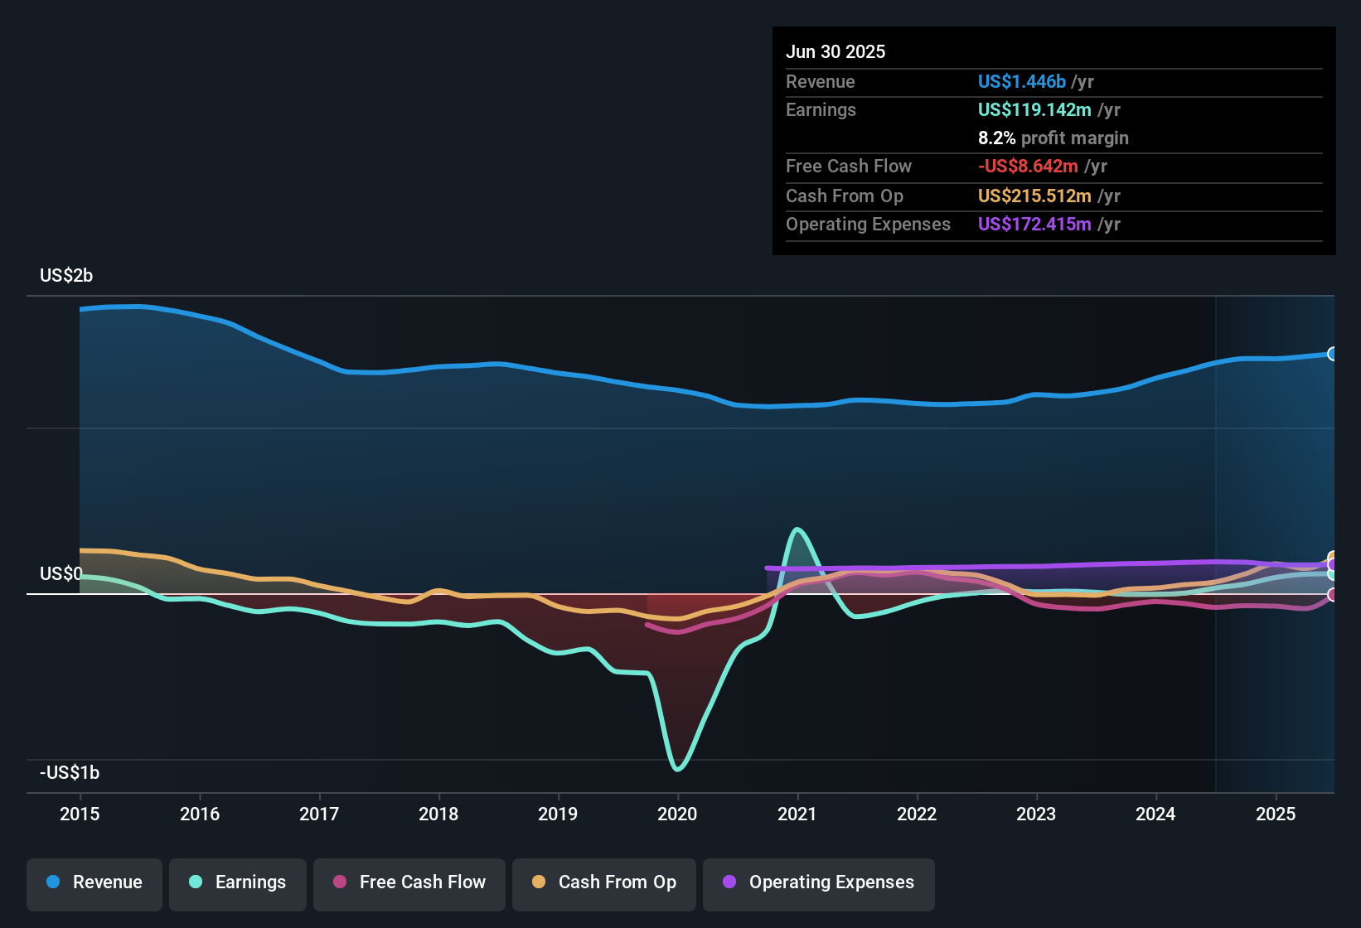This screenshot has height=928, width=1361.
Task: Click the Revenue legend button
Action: click(94, 882)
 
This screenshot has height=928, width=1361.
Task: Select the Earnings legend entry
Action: click(238, 882)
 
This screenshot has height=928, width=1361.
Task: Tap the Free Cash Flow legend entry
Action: click(409, 882)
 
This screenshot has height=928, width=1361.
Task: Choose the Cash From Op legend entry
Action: click(604, 882)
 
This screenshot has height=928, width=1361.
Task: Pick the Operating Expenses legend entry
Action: click(819, 882)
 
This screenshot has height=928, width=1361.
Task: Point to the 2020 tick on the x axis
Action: click(677, 814)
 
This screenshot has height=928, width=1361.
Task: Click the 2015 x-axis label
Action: click(80, 814)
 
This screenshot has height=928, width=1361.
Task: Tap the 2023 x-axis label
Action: click(1036, 814)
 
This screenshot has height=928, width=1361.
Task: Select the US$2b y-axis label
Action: click(66, 275)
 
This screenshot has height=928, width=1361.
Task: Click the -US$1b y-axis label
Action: click(70, 772)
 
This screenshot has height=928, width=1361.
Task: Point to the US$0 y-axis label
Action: click(61, 573)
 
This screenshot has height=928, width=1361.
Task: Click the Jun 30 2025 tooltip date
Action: click(835, 51)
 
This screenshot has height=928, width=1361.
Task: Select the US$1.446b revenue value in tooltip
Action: click(1021, 81)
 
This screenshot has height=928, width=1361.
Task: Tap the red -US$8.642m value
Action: click(1028, 166)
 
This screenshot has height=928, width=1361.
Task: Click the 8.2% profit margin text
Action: click(1053, 138)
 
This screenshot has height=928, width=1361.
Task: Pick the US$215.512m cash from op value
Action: click(1034, 196)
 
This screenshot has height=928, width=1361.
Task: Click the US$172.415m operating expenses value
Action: click(1034, 224)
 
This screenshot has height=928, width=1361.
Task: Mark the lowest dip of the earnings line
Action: click(678, 769)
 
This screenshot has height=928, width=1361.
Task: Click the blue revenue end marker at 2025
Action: click(1332, 354)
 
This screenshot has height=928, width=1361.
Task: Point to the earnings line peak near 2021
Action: click(797, 529)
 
